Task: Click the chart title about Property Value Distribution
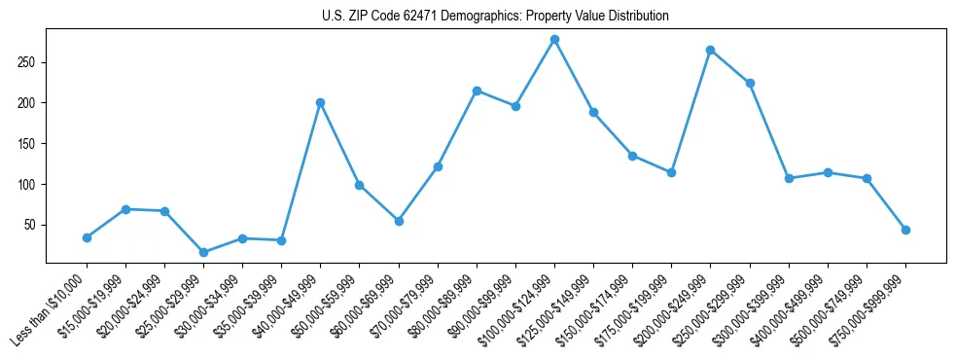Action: pos(495,17)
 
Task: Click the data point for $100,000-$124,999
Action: pos(554,40)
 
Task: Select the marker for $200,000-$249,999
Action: pos(711,50)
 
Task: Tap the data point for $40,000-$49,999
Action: pos(320,102)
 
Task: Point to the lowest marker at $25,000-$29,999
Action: pos(203,252)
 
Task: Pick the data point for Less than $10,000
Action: pos(87,237)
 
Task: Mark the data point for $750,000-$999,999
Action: pos(905,230)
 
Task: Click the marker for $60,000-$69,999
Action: pos(399,221)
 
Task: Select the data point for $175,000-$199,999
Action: pos(671,172)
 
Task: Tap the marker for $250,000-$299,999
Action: pos(750,83)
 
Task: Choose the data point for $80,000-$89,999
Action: pos(477,90)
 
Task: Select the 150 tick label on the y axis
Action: pos(27,144)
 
